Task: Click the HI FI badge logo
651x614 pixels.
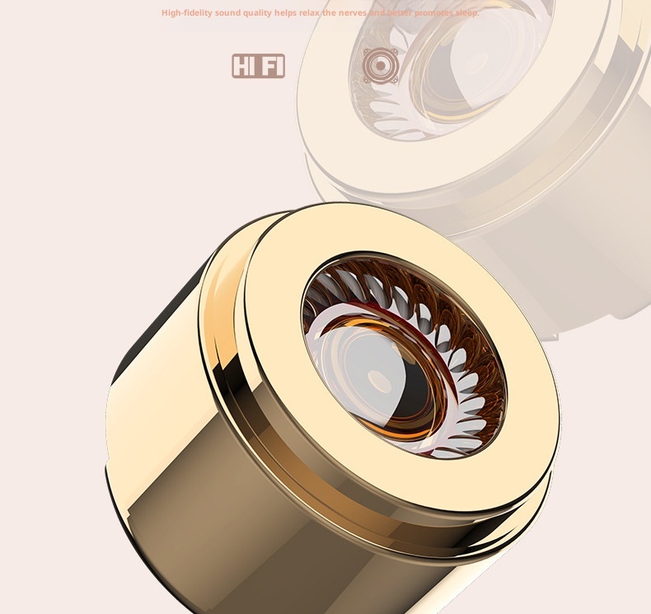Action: coord(258,66)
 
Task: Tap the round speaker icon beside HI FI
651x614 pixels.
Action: coord(381,65)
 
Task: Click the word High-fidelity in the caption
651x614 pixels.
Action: coord(186,13)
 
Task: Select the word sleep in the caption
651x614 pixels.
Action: coord(467,13)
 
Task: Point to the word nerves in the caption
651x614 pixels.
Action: coord(353,13)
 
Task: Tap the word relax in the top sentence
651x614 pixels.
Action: coord(309,13)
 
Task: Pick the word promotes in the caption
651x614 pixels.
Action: coord(433,13)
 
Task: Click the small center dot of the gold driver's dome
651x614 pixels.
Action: coord(377,380)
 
